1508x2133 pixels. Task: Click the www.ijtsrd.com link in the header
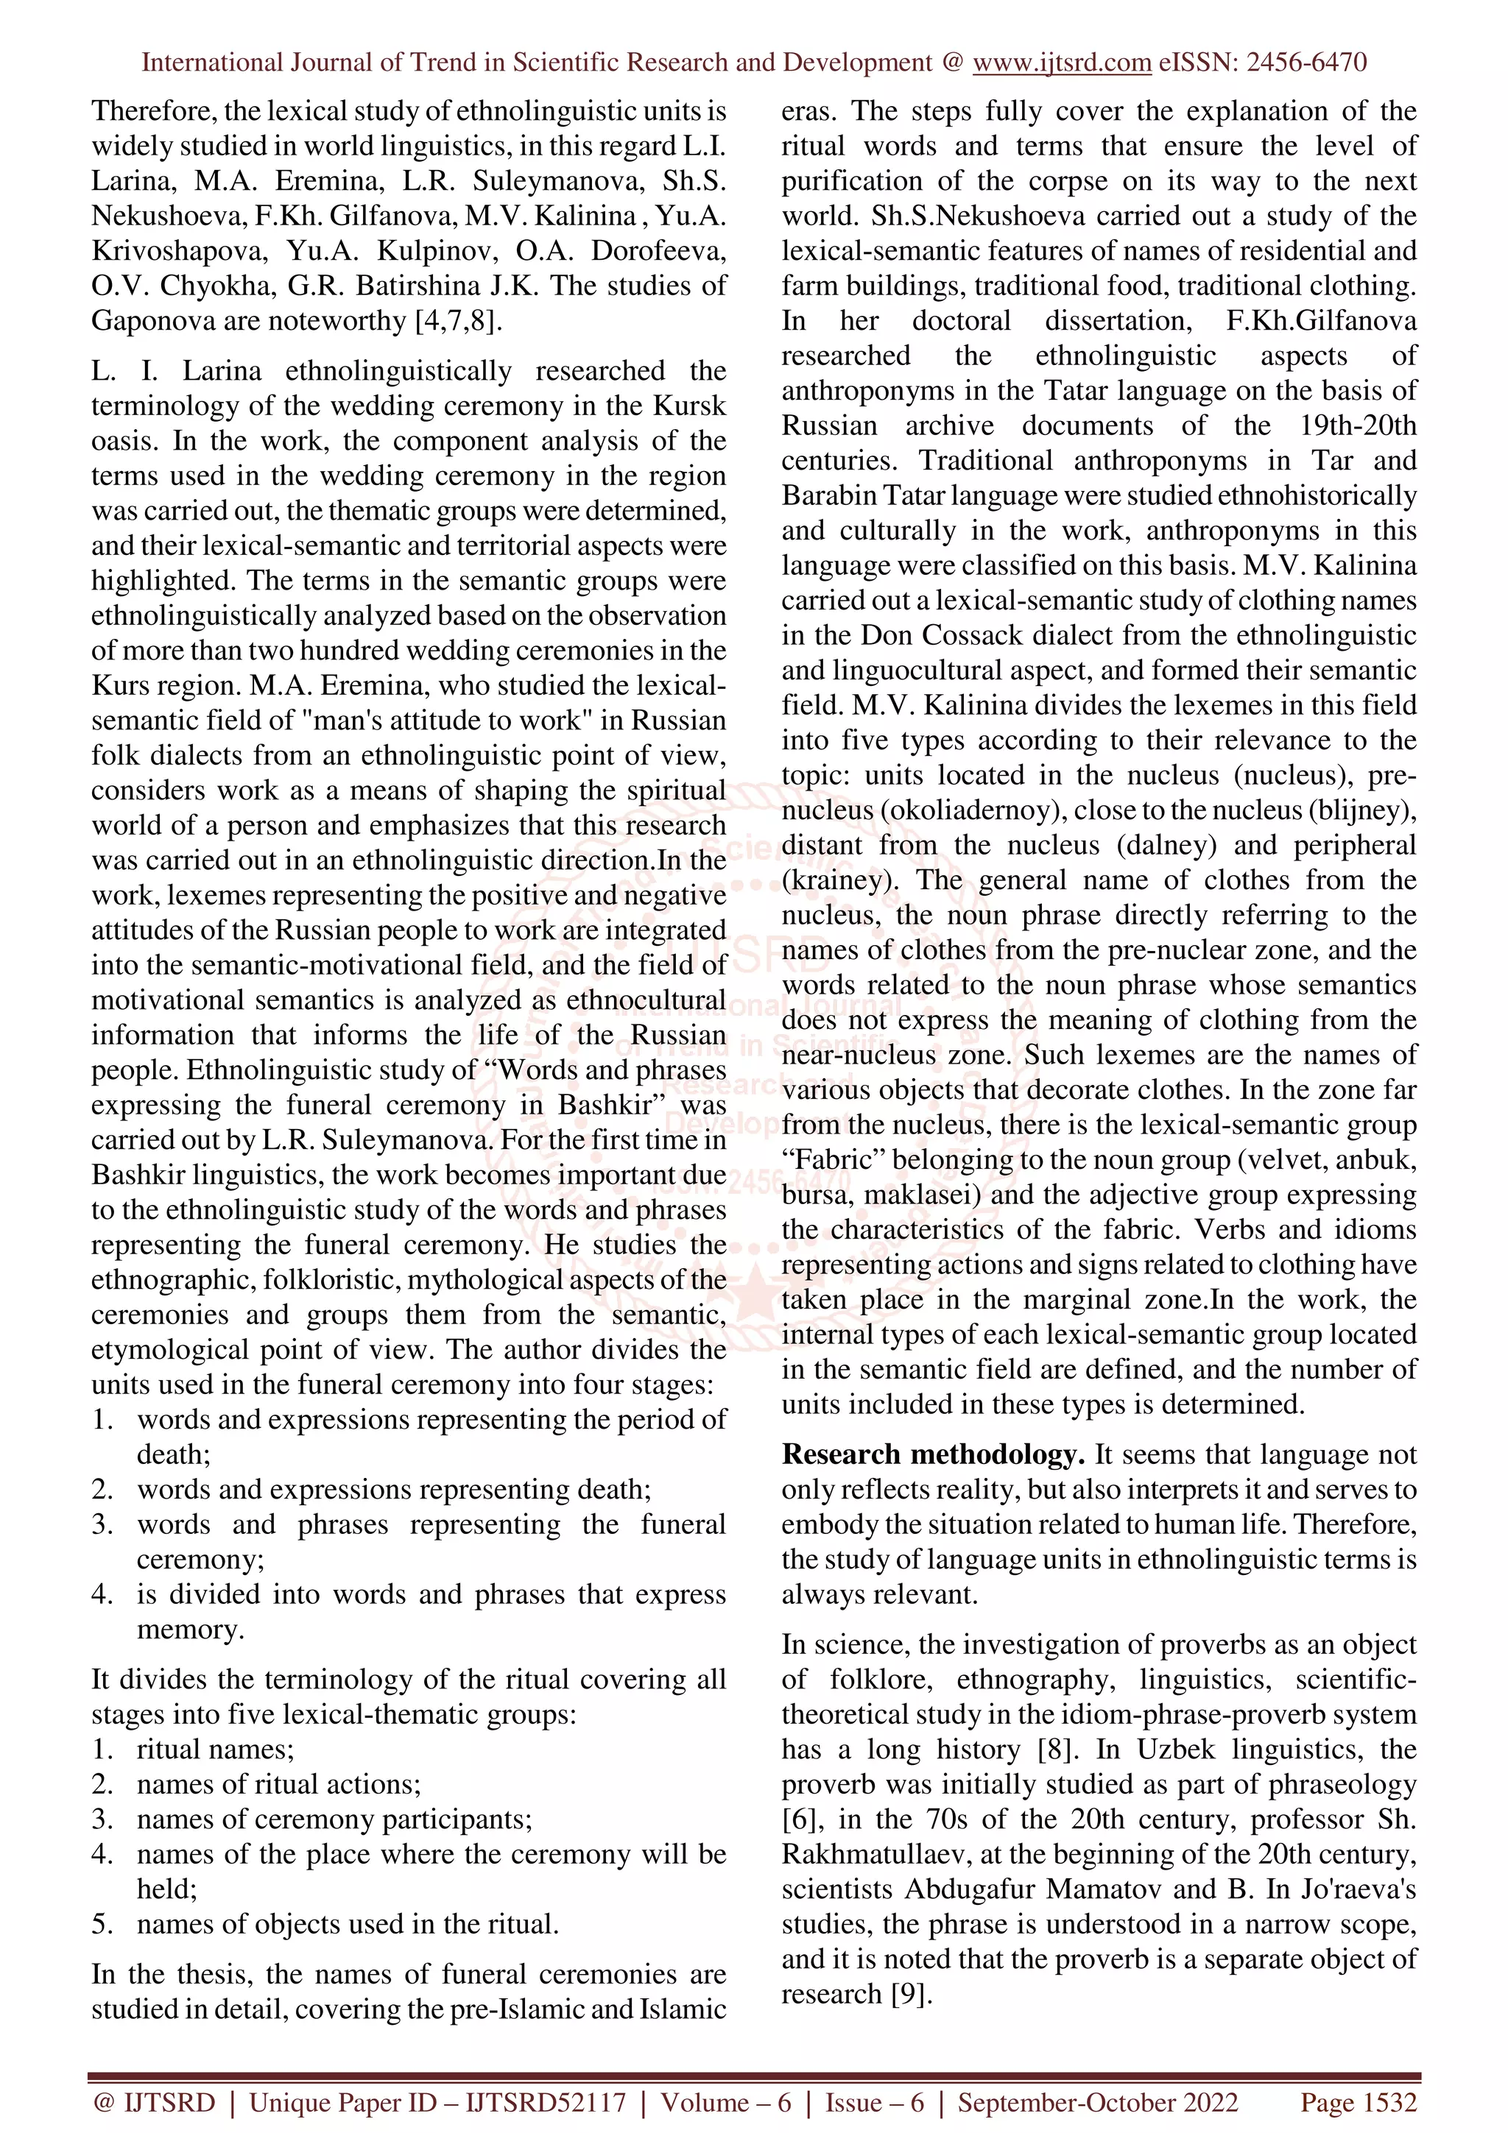[x=1061, y=63]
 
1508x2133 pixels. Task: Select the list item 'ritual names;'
[x=214, y=1750]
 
